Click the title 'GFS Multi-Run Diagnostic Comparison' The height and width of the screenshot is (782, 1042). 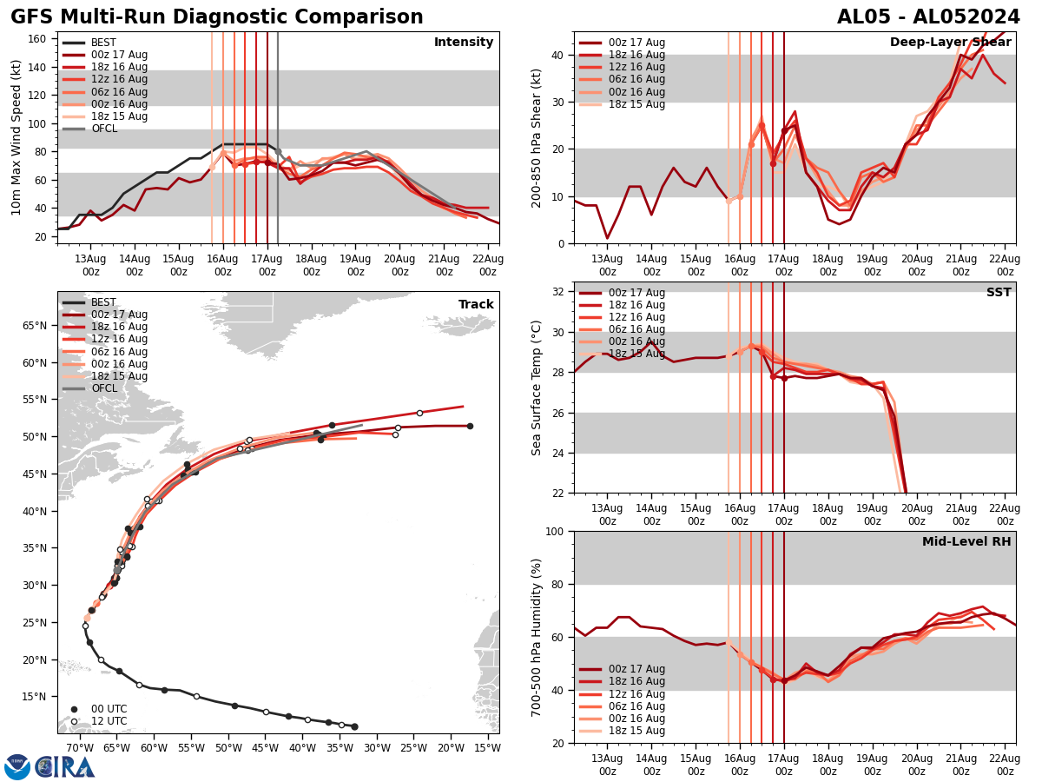pos(217,17)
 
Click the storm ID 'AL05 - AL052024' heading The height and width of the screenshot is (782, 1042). pos(928,17)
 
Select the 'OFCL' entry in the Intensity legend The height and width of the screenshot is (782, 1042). pos(104,129)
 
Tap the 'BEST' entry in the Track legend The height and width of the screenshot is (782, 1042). pos(103,302)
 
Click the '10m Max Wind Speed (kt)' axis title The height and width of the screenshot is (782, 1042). pos(16,137)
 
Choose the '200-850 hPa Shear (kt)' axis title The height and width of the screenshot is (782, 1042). pos(537,137)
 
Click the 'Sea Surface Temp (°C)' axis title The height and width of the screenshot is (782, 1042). pos(537,388)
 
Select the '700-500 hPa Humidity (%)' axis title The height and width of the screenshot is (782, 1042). pos(537,637)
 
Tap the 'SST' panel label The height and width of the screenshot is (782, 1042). pos(999,293)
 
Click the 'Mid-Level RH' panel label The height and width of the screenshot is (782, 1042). pos(966,542)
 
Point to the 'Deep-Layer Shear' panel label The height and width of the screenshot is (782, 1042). pos(950,43)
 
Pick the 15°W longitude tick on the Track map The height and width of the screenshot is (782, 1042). pos(488,747)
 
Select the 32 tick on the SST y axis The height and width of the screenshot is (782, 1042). pos(559,292)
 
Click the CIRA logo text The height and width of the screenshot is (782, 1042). pos(66,766)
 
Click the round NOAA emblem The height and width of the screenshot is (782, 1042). pos(16,766)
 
